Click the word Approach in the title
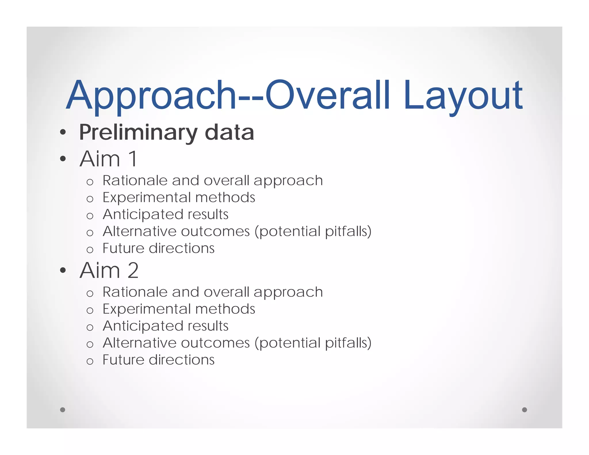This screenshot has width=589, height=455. (151, 95)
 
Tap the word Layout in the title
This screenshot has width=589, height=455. (463, 95)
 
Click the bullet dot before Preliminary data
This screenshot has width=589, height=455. (63, 133)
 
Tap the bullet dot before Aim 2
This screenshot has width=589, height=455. (63, 270)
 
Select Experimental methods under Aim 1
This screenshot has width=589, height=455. (179, 198)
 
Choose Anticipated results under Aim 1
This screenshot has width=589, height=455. (165, 215)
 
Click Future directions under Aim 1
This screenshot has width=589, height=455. (158, 248)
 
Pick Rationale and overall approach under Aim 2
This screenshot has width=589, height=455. (213, 292)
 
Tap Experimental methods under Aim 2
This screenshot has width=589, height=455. (179, 309)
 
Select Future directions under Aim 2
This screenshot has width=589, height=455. (158, 360)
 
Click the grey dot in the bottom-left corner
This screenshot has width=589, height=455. (62, 410)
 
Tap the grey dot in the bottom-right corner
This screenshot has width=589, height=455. (524, 410)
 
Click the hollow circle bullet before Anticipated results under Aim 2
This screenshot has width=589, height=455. (90, 327)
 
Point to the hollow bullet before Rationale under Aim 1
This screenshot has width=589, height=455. (90, 182)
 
